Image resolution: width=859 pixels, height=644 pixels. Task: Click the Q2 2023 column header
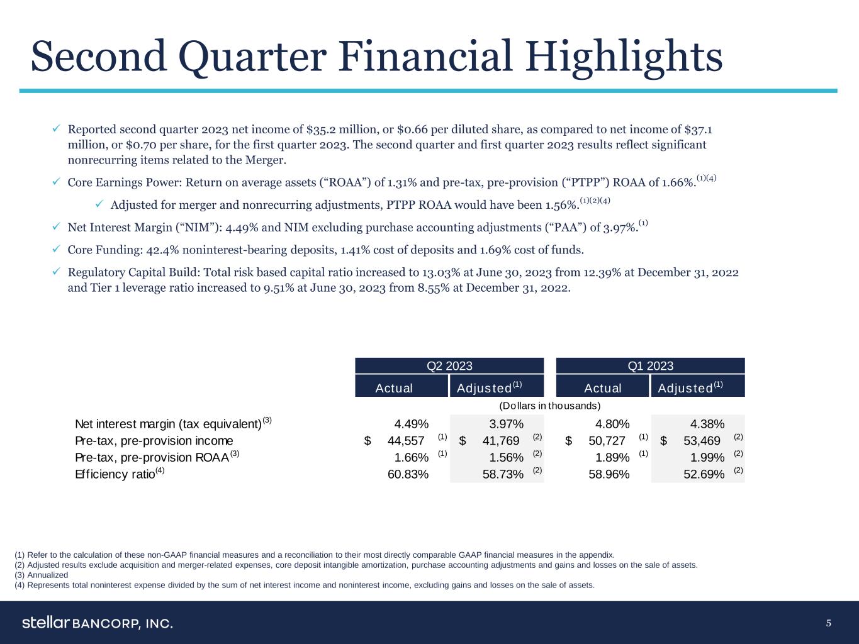(x=449, y=366)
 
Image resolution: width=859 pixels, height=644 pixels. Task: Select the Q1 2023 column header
(x=650, y=366)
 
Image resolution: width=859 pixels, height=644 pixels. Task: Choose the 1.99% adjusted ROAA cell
(x=707, y=457)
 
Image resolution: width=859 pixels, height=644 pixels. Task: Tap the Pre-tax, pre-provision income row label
(x=154, y=440)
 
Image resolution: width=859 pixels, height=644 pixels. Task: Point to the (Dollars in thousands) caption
(x=549, y=406)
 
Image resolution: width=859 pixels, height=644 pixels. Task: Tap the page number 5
(x=829, y=623)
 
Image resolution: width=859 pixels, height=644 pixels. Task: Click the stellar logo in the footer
(x=46, y=623)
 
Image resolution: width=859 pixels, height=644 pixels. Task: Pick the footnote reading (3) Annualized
(x=41, y=575)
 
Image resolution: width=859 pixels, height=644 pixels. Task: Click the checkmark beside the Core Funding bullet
(x=56, y=250)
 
